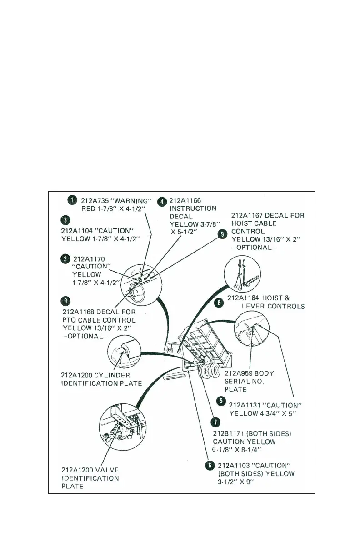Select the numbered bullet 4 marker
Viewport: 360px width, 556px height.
click(x=162, y=201)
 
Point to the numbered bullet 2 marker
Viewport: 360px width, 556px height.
click(x=66, y=258)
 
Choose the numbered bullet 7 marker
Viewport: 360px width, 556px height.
click(x=214, y=422)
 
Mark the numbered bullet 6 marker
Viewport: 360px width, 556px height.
click(x=210, y=465)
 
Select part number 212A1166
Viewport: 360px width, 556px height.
click(x=185, y=200)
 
